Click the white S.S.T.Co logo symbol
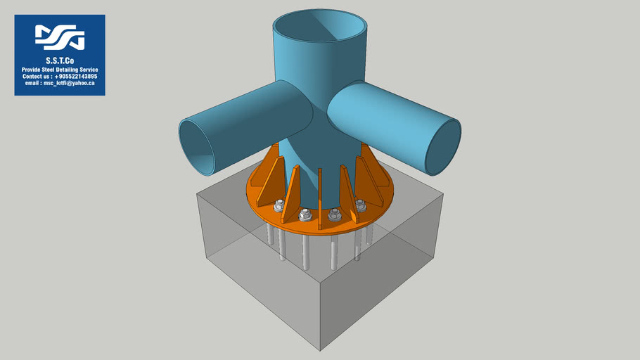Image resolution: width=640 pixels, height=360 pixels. [60, 37]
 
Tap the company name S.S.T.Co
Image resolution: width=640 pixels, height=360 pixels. [60, 62]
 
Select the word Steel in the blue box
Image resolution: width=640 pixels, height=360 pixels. [55, 70]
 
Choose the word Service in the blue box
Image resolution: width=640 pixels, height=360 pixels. [88, 70]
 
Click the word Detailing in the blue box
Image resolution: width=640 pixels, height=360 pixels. [70, 70]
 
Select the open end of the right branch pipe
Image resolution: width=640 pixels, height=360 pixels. [442, 147]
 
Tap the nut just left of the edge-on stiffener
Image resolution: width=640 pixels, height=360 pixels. [305, 214]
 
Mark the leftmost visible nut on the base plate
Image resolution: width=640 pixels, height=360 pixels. [279, 205]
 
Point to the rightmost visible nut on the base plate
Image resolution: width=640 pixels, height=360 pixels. [361, 205]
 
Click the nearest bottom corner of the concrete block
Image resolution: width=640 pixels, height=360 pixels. [321, 350]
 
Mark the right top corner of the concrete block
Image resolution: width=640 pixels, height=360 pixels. [444, 195]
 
